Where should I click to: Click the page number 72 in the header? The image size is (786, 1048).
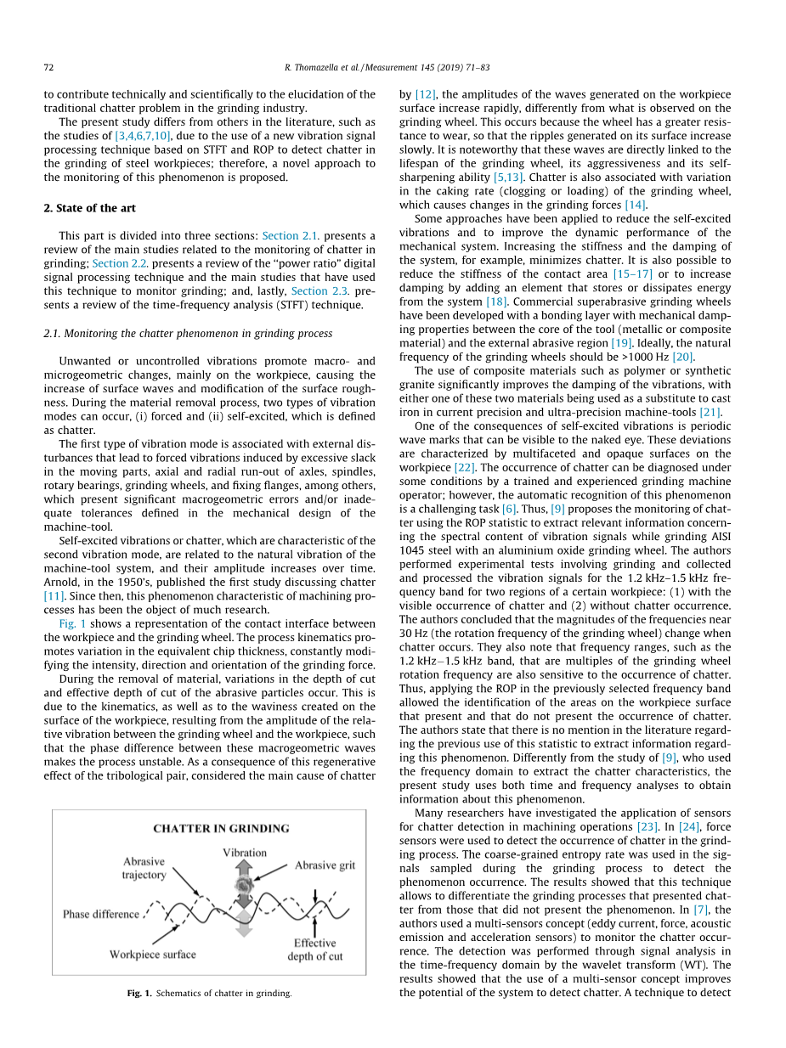[x=48, y=66]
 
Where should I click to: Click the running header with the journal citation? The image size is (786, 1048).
[x=393, y=66]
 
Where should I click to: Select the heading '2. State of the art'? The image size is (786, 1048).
[x=89, y=208]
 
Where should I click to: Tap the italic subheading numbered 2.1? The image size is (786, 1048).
[x=187, y=333]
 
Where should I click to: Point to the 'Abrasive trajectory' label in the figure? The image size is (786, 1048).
[x=144, y=868]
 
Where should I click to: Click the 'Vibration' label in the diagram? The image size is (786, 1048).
[x=244, y=852]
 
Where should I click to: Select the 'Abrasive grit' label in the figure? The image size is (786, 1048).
[x=325, y=865]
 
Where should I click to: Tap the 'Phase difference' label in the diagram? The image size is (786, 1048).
[x=101, y=914]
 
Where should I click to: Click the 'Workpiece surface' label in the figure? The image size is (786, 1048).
[x=152, y=955]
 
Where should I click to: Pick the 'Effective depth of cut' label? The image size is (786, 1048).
[x=315, y=949]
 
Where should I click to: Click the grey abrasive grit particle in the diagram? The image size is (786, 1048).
[x=245, y=887]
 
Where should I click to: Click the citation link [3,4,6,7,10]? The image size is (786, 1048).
[x=143, y=135]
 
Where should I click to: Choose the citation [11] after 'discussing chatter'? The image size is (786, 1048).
[x=54, y=596]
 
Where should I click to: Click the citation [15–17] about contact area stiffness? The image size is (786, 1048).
[x=633, y=273]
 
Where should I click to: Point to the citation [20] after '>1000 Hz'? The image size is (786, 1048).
[x=683, y=356]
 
